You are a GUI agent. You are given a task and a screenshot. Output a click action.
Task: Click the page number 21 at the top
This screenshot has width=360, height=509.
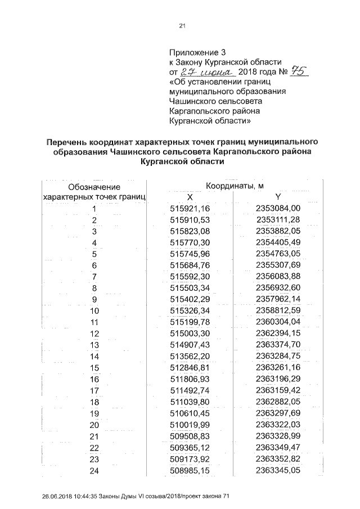[x=182, y=25]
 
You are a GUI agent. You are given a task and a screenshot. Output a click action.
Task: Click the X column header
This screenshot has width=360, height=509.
[x=190, y=197]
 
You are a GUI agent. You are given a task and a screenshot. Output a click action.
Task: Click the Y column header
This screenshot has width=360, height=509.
[x=278, y=197]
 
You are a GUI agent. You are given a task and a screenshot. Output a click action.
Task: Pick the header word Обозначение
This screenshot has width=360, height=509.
[x=94, y=187]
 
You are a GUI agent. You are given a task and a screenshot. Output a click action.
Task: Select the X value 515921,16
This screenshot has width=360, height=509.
[x=190, y=209]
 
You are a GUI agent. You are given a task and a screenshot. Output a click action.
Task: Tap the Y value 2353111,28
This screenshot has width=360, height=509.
[x=278, y=219]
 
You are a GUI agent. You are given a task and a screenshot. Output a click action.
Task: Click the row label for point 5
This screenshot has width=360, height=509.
[x=94, y=254]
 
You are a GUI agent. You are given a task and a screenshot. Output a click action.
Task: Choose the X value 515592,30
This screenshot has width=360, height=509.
[x=190, y=276]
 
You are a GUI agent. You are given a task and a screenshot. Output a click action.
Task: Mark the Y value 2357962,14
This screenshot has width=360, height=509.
[x=278, y=299]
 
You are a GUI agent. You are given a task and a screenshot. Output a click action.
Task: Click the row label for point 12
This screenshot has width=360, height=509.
[x=94, y=334]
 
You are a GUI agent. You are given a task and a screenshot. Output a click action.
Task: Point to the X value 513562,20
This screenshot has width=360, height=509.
[x=190, y=356]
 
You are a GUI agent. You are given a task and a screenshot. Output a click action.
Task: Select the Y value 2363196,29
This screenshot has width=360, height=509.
[x=278, y=379]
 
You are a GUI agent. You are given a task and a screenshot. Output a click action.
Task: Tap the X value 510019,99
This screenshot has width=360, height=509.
[x=190, y=424]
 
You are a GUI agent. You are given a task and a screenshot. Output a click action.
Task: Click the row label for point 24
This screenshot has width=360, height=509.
[x=94, y=470]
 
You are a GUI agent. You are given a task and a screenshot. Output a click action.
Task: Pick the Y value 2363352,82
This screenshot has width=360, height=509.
[x=278, y=458]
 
